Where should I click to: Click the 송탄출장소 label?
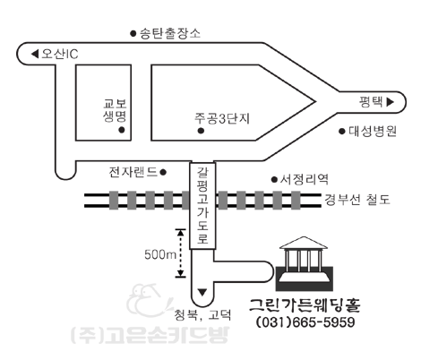tap(170, 33)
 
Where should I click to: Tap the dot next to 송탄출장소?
tap(133, 33)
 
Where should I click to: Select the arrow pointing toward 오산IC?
tap(35, 54)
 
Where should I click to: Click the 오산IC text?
tap(60, 54)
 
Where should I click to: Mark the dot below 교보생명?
tap(122, 130)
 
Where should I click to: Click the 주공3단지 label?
tap(222, 118)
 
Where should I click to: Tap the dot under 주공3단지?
tap(202, 131)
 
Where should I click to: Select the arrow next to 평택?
tap(391, 102)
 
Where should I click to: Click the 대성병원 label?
tap(373, 131)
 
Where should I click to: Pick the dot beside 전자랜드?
tap(163, 172)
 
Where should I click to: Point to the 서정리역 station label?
tap(305, 179)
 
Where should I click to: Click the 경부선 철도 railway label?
tap(357, 200)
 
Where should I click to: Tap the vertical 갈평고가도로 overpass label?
tap(202, 206)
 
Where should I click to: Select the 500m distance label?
tap(160, 254)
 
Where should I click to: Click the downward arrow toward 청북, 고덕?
tap(202, 292)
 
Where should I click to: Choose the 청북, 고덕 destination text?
tap(202, 314)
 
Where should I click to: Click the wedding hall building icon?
tap(304, 263)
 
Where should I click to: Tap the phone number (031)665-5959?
tap(305, 322)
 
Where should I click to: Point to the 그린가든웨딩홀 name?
tap(305, 305)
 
